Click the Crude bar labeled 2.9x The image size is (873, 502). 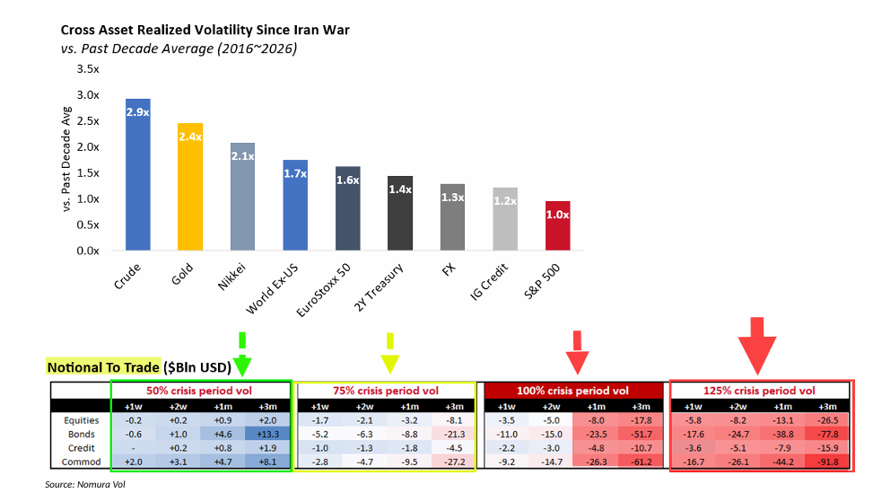point(137,174)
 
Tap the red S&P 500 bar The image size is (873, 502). point(557,225)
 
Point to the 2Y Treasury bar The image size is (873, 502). point(399,213)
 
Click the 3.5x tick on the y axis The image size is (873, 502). point(87,68)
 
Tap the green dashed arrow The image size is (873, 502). point(241,352)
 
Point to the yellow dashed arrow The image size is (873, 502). point(389,352)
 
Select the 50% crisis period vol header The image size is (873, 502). point(201,391)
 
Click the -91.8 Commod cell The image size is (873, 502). point(825,462)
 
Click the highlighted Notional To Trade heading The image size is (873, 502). point(102,367)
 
